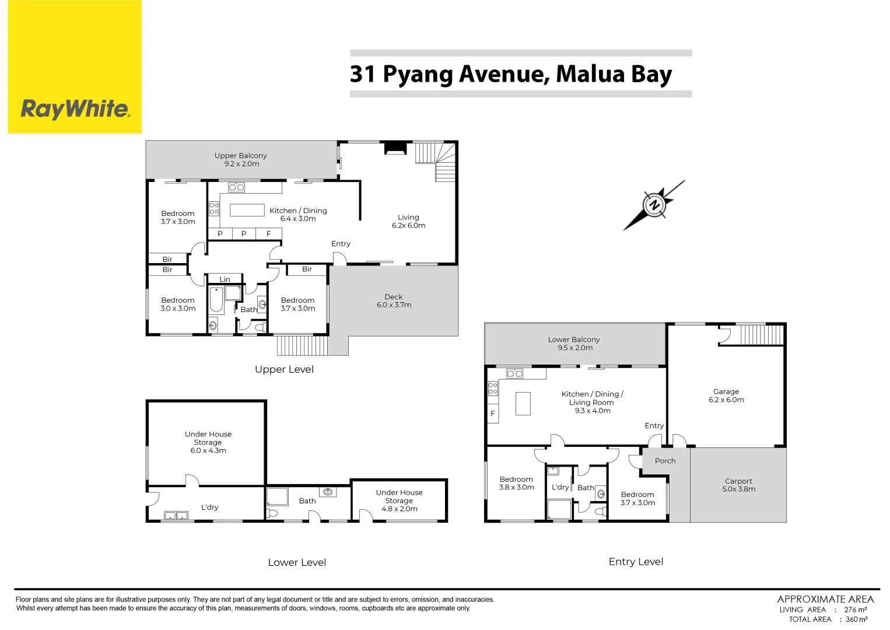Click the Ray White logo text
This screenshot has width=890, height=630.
point(75,109)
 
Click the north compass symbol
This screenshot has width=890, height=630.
point(654,205)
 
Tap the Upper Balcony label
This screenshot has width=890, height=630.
point(241,159)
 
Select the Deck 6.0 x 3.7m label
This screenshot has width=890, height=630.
point(394,301)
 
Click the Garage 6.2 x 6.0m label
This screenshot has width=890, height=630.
point(726,395)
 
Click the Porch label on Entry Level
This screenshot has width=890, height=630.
point(665,461)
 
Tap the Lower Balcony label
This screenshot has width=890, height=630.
point(574,343)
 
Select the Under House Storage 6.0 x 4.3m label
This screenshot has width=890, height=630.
point(208,442)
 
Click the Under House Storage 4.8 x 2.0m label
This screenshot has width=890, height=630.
point(399,501)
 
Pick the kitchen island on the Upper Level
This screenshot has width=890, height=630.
point(247,210)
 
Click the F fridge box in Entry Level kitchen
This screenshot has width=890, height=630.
point(493,414)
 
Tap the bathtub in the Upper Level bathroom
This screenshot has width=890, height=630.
point(216,300)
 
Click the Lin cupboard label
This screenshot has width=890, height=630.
point(225,279)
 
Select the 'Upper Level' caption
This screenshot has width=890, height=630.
point(284,369)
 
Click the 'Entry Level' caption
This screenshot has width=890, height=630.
point(636,562)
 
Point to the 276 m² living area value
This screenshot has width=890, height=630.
point(855,610)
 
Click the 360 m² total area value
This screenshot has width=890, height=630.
point(856,619)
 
